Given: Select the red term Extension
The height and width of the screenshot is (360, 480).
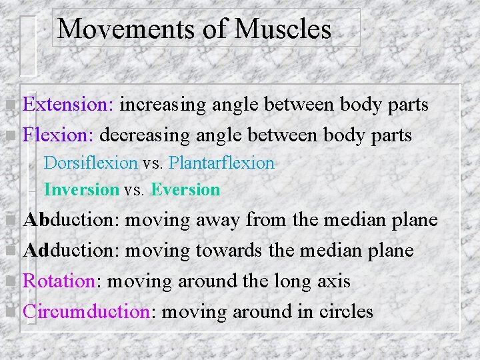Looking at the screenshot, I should tap(68, 105).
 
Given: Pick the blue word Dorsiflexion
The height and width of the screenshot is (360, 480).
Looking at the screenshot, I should tap(91, 163).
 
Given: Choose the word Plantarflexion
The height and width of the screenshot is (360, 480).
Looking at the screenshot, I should tap(221, 163).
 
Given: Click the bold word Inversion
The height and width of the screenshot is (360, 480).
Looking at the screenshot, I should tap(81, 190).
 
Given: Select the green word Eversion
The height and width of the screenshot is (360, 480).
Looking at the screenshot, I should tap(185, 190).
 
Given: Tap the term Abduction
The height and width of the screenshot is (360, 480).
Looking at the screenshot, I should tap(71, 220).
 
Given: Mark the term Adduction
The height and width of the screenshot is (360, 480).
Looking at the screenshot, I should tap(71, 251).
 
